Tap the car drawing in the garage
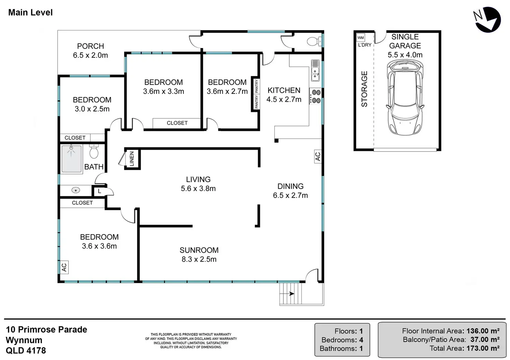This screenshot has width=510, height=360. [405, 97]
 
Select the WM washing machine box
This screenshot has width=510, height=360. [361, 37]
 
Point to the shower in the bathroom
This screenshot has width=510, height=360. [71, 159]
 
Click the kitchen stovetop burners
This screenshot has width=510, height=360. [316, 96]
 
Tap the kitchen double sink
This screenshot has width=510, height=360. [315, 71]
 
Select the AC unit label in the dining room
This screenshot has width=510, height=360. [318, 156]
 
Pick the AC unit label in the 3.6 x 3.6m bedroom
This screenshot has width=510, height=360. [64, 267]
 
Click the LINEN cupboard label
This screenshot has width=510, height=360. [132, 159]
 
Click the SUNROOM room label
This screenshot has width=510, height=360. [199, 250]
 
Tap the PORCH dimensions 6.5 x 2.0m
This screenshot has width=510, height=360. [90, 55]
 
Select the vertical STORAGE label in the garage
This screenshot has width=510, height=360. [364, 89]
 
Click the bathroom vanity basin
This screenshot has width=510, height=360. [76, 190]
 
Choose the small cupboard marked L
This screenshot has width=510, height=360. [99, 191]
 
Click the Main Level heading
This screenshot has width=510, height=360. [30, 12]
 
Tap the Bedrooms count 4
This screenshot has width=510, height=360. [361, 340]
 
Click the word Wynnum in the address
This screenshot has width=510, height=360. [24, 340]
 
